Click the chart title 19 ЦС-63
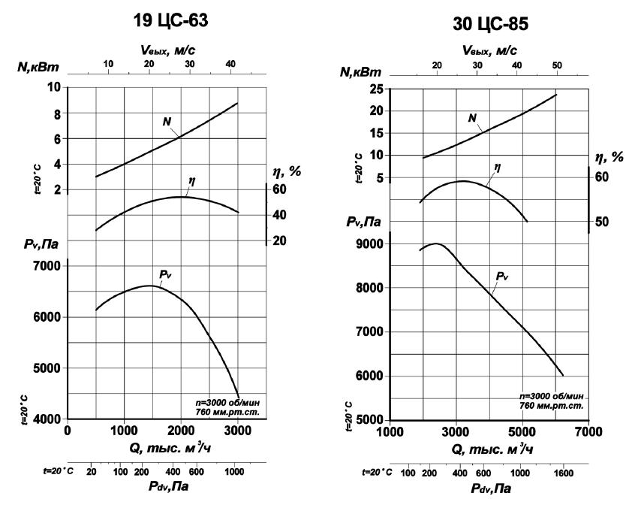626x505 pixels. pyautogui.click(x=170, y=20)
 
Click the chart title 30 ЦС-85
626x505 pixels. pyautogui.click(x=490, y=24)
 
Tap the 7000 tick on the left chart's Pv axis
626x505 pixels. pyautogui.click(x=47, y=266)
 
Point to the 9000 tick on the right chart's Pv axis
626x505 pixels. pyautogui.click(x=369, y=244)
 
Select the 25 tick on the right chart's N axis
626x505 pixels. pyautogui.click(x=376, y=89)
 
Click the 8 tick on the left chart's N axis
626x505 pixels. pyautogui.click(x=58, y=114)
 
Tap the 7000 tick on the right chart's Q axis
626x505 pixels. pyautogui.click(x=588, y=432)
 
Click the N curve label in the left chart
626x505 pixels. pyautogui.click(x=167, y=122)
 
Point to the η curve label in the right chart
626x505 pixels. pyautogui.click(x=497, y=167)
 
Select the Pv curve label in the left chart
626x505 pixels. pyautogui.click(x=165, y=274)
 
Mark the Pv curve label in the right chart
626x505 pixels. pyautogui.click(x=502, y=276)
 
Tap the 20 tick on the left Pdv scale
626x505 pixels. pyautogui.click(x=91, y=472)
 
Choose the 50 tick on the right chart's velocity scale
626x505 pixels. pyautogui.click(x=557, y=65)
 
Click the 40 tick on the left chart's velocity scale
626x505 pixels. pyautogui.click(x=230, y=64)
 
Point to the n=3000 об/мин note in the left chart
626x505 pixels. pyautogui.click(x=227, y=402)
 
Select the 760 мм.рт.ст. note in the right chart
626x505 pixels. pyautogui.click(x=552, y=406)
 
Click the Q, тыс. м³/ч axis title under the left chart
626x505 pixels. pyautogui.click(x=170, y=448)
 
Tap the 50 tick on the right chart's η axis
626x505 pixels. pyautogui.click(x=602, y=222)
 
